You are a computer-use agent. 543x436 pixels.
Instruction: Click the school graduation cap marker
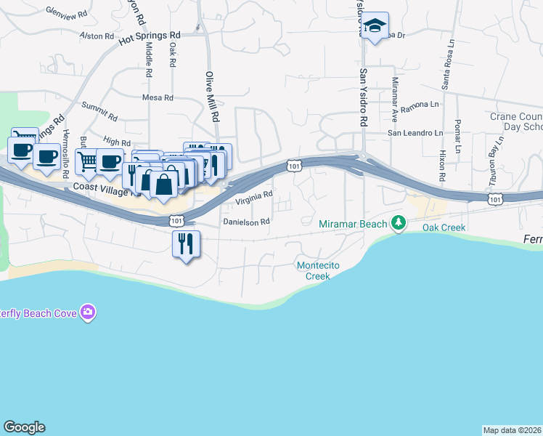[375, 27]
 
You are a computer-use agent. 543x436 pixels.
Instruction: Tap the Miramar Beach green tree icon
[398, 222]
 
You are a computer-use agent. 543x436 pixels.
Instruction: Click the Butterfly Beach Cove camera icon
[88, 312]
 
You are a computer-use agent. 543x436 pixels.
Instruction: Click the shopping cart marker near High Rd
[87, 162]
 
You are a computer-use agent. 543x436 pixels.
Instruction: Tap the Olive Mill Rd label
[211, 95]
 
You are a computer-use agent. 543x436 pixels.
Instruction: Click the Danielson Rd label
[246, 221]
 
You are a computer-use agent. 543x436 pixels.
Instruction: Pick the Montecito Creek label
[318, 270]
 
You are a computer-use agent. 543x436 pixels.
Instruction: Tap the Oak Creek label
[444, 227]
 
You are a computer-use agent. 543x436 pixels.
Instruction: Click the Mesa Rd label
[158, 97]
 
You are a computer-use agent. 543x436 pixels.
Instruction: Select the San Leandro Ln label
[415, 133]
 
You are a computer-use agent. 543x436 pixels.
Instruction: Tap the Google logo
[24, 427]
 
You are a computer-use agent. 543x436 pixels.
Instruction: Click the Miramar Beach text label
[354, 224]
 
